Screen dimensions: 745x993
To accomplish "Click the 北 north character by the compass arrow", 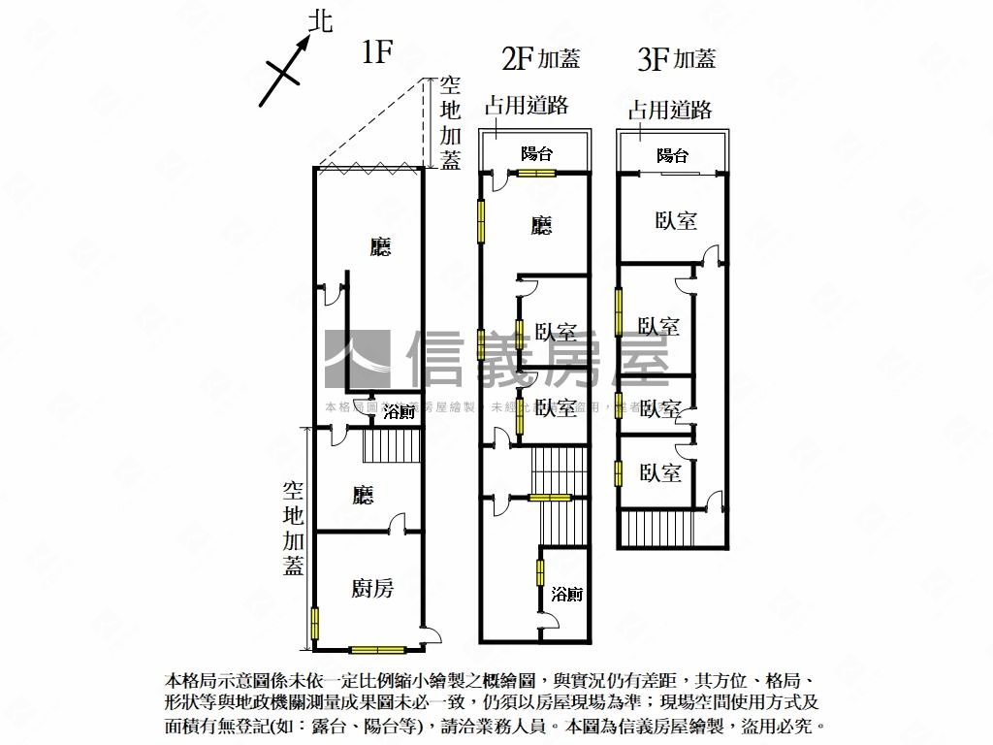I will [x=319, y=21].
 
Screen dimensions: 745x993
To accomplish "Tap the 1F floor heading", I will [x=376, y=52].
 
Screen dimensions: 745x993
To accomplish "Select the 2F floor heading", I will [x=517, y=59].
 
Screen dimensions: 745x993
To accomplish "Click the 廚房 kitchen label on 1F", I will [x=372, y=588].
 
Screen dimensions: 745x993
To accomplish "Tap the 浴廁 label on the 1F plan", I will [x=400, y=412].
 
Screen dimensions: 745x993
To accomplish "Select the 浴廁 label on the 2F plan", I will [x=567, y=595].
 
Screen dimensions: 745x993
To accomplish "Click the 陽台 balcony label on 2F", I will [x=536, y=153].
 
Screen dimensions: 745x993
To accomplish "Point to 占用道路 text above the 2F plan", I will [x=527, y=106].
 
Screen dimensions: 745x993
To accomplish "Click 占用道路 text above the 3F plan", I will [x=670, y=110].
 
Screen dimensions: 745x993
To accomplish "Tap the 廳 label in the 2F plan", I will [x=541, y=226].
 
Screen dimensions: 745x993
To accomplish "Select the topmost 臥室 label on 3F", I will [x=676, y=220].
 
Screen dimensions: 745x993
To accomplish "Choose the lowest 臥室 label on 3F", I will [x=660, y=472].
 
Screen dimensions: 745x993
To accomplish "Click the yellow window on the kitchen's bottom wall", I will [x=377, y=649].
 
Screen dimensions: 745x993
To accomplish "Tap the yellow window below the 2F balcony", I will [x=535, y=174].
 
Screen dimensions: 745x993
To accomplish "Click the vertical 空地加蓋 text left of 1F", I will [x=294, y=529].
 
